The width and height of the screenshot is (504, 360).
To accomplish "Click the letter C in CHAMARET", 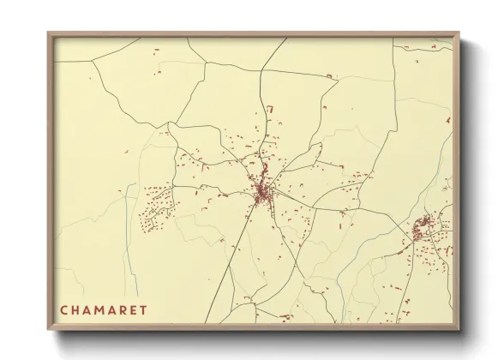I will coord(63,309).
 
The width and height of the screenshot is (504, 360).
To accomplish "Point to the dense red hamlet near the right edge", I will coord(423,228).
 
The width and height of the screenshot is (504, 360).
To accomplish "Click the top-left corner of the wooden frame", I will coord(49,33).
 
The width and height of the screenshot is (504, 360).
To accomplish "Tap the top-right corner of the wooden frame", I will coord(459,33).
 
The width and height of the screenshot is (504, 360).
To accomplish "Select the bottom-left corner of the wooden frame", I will coord(49,329).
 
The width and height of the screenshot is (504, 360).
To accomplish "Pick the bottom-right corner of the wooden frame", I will coord(459,329).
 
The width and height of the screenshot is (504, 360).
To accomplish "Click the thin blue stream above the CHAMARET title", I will coord(130,249).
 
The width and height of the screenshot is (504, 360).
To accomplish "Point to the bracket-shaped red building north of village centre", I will coord(268,109).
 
